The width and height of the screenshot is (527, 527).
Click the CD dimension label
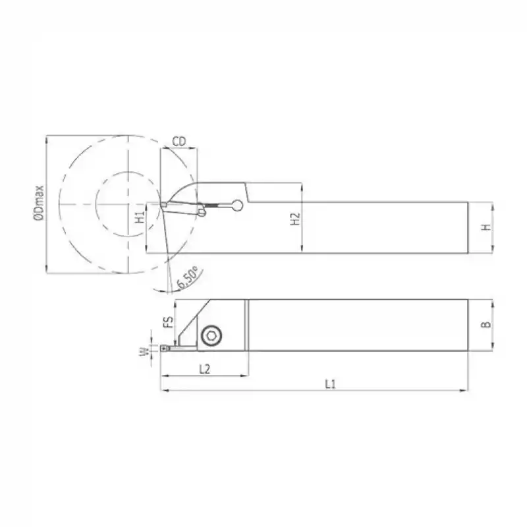(178, 141)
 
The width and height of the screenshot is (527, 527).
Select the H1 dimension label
(139, 218)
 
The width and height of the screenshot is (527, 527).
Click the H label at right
(485, 227)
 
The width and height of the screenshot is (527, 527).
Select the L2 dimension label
(204, 370)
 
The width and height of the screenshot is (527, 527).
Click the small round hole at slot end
(237, 206)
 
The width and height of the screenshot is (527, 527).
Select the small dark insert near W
(163, 345)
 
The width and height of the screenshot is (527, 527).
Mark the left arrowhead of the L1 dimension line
(163, 391)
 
